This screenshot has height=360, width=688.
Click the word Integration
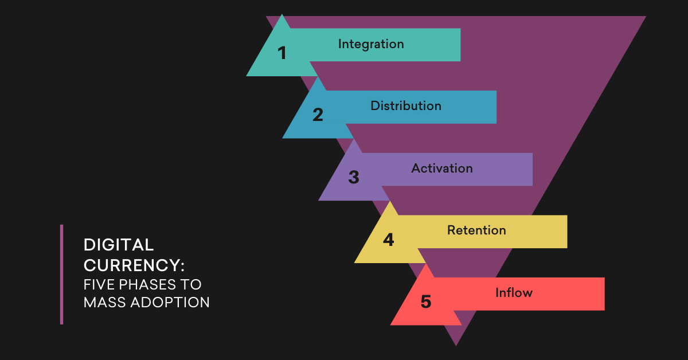[x=371, y=44]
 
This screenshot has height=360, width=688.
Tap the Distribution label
[x=406, y=106]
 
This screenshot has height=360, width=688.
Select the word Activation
[x=442, y=169]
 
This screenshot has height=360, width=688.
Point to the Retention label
[x=476, y=230]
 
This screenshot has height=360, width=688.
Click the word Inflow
[x=514, y=293]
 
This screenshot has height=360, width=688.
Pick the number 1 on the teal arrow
[x=282, y=53]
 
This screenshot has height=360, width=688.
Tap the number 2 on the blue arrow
[x=318, y=115]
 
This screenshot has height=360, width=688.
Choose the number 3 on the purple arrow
[x=354, y=178]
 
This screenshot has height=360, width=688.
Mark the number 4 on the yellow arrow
[x=389, y=240]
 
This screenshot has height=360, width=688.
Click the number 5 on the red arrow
[x=425, y=302]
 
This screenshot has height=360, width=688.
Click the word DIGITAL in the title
[x=119, y=245]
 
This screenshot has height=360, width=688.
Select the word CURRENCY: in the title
[x=134, y=265]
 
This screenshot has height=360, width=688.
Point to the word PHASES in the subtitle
[x=151, y=284]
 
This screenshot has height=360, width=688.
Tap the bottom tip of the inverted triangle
[x=456, y=343]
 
